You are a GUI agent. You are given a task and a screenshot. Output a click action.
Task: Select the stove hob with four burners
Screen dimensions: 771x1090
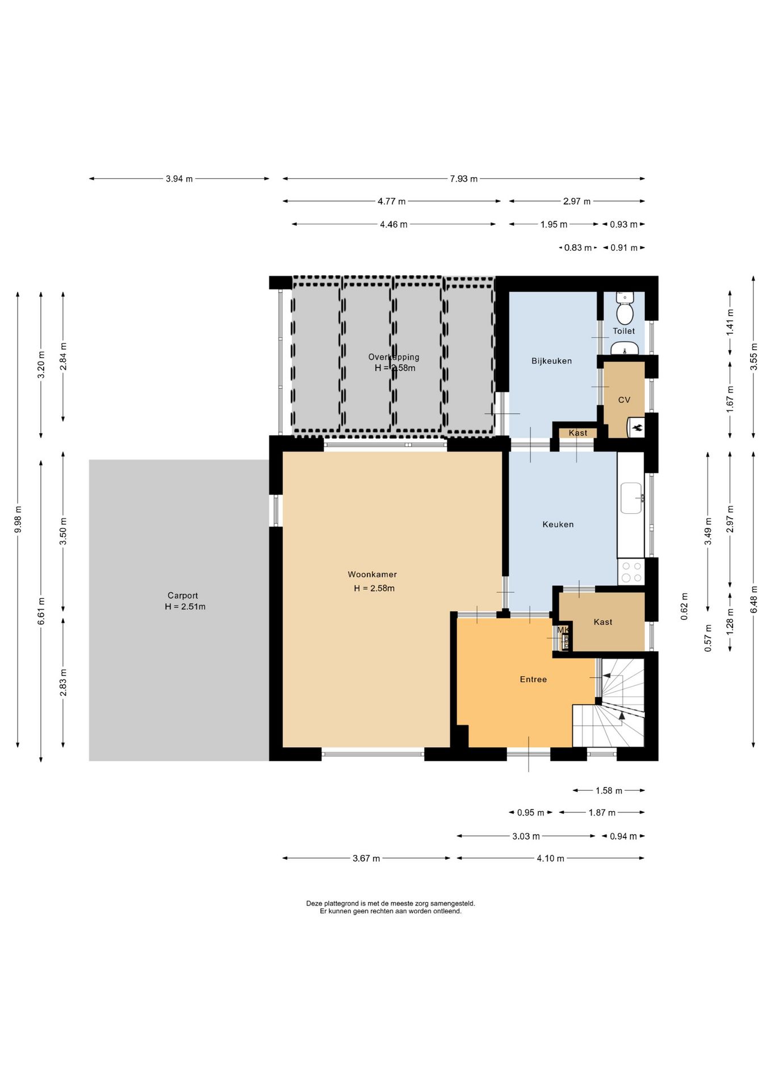coord(631,572)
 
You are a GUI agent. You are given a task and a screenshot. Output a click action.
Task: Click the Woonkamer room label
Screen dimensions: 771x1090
coord(372,575)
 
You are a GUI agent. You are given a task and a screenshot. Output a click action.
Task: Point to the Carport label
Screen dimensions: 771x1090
coord(183,596)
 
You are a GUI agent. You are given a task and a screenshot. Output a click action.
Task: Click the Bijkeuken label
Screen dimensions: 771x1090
coord(551,361)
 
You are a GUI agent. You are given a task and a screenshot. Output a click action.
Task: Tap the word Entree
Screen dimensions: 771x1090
coord(533,680)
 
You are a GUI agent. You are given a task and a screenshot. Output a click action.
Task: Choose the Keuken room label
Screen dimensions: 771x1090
coord(558,525)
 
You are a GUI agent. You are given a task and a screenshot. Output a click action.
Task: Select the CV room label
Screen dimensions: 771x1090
coord(624,400)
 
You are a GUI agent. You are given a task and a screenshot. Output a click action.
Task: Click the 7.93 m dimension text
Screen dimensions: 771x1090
coord(464,179)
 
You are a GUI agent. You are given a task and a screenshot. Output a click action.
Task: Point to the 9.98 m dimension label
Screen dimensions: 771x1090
coord(18,519)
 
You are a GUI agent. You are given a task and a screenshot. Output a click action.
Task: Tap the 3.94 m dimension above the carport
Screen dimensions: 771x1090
coord(179,179)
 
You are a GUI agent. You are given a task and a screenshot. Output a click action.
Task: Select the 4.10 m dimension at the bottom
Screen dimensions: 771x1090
coord(551,858)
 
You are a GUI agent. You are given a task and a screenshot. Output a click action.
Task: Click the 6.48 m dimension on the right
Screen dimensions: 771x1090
coord(754,599)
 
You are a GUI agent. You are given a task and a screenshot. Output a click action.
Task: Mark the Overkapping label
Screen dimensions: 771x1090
coord(394,357)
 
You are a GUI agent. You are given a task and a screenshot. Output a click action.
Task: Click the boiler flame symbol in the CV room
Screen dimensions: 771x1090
coord(638,427)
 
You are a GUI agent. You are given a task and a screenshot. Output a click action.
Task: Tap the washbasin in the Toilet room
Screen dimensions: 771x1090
coord(625,348)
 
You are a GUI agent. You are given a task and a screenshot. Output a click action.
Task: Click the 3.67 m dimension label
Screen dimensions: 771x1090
coord(366,858)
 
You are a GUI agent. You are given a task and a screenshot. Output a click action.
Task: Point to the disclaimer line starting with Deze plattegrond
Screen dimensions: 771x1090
coord(391,903)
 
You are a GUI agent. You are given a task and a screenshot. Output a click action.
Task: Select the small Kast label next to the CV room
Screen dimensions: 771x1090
coord(578,433)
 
